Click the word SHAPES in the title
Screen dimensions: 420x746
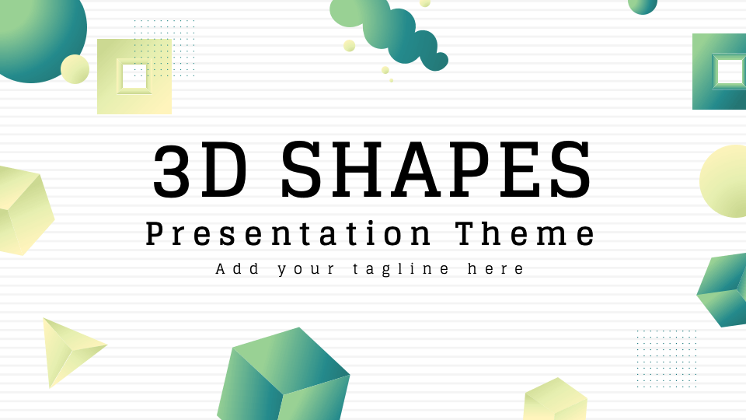pos(436,170)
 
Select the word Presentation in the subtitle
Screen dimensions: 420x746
pos(289,233)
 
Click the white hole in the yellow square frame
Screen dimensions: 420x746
pos(134,76)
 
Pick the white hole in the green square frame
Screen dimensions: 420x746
pos(730,72)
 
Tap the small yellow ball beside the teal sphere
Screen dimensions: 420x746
pos(75,69)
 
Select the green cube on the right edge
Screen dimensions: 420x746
pos(723,289)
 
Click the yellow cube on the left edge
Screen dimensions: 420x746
pos(23,210)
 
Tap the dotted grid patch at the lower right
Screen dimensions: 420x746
pos(667,359)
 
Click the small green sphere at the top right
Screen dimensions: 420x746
pos(643,4)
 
